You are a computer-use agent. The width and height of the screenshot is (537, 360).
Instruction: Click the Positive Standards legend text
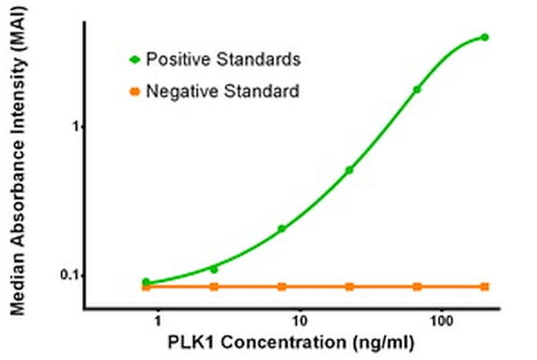click(x=222, y=59)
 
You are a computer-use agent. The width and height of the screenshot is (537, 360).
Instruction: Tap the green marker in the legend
click(x=135, y=59)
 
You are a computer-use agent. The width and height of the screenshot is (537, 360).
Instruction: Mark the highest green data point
click(x=484, y=37)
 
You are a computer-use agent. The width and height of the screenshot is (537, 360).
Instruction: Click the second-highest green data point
click(x=417, y=89)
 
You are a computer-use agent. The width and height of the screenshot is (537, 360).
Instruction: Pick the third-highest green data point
click(x=349, y=170)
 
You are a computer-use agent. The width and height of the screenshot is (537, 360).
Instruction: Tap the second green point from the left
click(x=214, y=269)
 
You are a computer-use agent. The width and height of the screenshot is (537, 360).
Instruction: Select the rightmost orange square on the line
click(x=484, y=287)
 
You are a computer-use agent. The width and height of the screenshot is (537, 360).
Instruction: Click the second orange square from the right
click(x=417, y=287)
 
